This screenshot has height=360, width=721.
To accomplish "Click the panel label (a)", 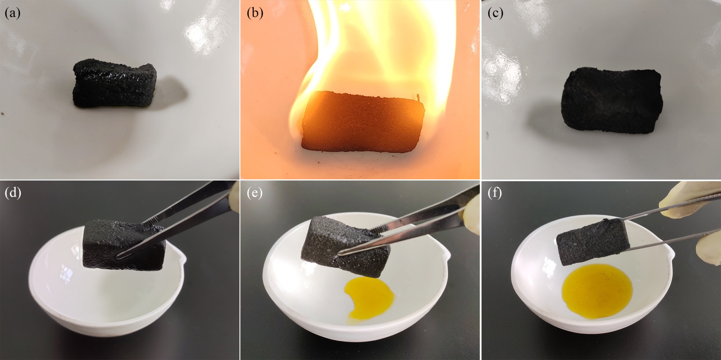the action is coord(12,13).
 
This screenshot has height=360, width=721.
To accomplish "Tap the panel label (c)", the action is coord(495,13).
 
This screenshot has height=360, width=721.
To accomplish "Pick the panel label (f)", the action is coord(495,194).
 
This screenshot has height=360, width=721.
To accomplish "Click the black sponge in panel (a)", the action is coord(114,83).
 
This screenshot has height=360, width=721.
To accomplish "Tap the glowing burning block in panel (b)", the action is coord(363,121).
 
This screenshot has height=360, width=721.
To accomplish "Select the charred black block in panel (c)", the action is coord(611,100).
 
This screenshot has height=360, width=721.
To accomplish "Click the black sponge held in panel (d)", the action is coord(124,245).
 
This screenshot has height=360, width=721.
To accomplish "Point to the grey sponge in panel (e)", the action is coord(345,246).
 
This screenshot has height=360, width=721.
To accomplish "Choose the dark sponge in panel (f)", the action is coord(593,242).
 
